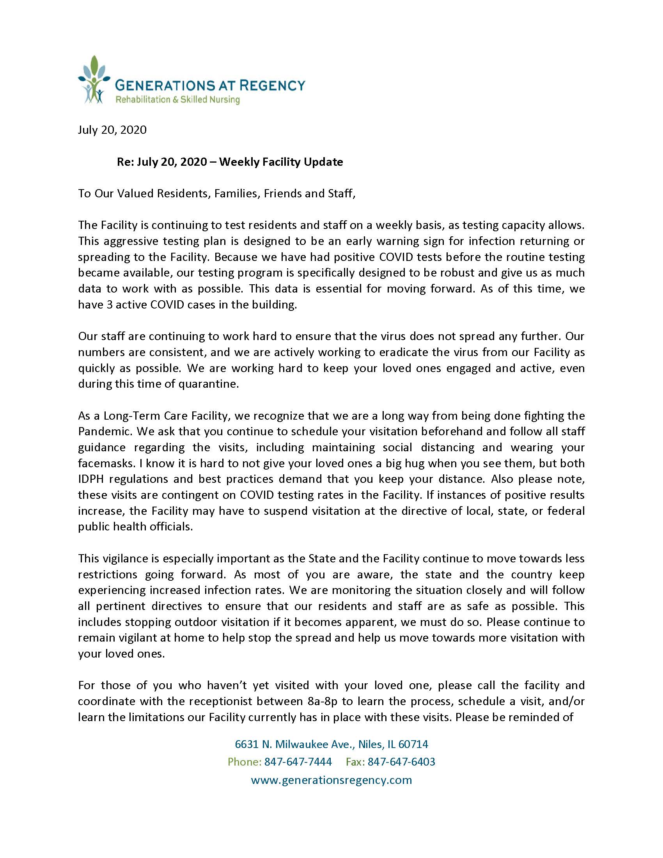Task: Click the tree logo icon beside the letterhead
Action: point(93,80)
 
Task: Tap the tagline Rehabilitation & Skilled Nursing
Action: point(177,99)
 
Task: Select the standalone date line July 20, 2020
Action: point(112,129)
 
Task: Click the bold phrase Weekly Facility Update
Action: point(281,161)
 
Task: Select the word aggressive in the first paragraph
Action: point(131,241)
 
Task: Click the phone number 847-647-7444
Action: point(298,762)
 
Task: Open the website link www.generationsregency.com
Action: point(331,780)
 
